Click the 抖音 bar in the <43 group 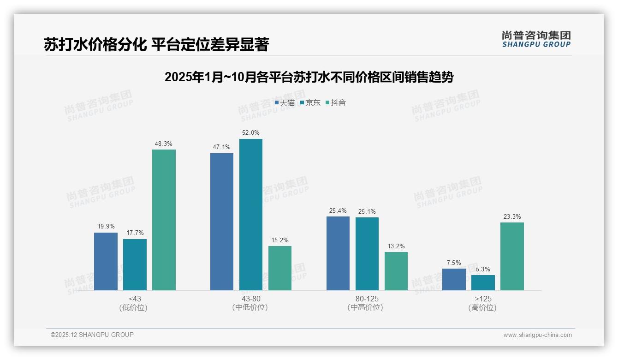(164, 220)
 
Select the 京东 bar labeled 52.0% (251, 215)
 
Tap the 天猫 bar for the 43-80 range (222, 222)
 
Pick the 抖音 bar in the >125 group (512, 256)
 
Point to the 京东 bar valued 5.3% (483, 282)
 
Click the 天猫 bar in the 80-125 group (338, 253)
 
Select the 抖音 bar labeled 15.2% (280, 268)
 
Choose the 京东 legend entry (310, 102)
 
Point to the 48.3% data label (164, 144)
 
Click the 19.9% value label (106, 227)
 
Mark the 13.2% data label (396, 246)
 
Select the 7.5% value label (454, 263)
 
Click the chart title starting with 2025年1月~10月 (309, 77)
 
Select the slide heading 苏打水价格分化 (156, 44)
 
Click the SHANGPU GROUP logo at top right (536, 39)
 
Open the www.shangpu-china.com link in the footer (537, 335)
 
